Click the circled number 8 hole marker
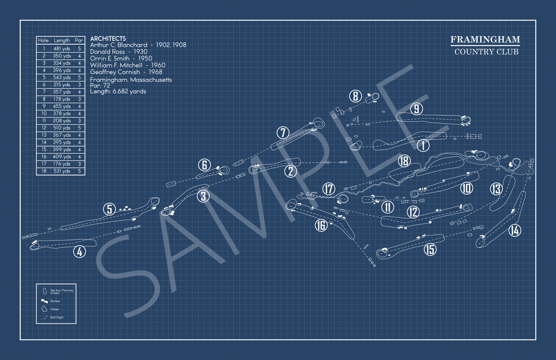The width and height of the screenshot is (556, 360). [355, 97]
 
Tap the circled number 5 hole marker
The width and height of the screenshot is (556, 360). [110, 209]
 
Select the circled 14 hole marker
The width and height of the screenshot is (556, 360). [514, 230]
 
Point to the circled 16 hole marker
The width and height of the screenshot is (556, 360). [321, 225]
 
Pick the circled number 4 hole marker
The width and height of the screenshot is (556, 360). [79, 252]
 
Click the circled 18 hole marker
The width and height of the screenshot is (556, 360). [404, 161]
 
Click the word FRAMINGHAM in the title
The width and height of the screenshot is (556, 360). [485, 40]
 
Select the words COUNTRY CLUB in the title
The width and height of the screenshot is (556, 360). [486, 52]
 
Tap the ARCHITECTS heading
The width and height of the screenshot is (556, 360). [108, 39]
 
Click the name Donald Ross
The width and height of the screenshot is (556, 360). [107, 52]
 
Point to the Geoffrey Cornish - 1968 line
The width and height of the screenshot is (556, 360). [126, 72]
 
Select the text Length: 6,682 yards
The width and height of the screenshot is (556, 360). [118, 92]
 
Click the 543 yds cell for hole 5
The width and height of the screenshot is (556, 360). [62, 77]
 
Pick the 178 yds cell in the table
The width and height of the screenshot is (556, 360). [62, 99]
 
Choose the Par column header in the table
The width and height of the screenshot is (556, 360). [79, 40]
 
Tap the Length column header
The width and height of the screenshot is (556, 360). [62, 40]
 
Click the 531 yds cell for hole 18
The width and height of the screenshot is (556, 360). [62, 171]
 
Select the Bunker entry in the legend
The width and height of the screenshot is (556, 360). [55, 301]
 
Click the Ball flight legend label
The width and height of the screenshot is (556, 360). [57, 317]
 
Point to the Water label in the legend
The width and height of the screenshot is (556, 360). [55, 309]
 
